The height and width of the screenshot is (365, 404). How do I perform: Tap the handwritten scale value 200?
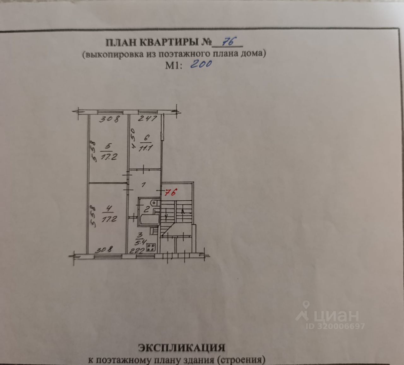click(x=201, y=64)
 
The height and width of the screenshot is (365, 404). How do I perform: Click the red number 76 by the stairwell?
click(x=170, y=192)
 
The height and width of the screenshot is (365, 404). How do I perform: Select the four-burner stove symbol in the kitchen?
click(x=151, y=247)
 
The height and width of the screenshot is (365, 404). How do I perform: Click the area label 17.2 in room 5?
click(x=109, y=156)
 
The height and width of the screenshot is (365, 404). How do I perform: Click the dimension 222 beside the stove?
click(x=137, y=250)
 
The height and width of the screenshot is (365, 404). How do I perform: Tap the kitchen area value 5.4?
click(x=139, y=243)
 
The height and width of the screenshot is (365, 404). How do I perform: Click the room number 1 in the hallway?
click(x=144, y=185)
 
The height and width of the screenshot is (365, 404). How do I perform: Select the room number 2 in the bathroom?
click(x=147, y=209)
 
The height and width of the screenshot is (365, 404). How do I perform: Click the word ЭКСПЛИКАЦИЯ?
click(x=182, y=348)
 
